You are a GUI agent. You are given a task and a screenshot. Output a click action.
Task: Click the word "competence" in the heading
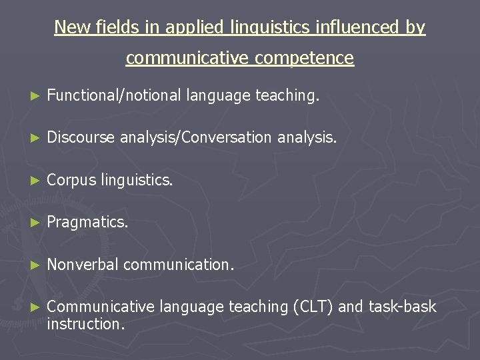[x=301, y=58]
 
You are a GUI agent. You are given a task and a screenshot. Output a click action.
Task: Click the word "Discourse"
[x=81, y=138]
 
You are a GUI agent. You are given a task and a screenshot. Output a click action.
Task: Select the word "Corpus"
[x=71, y=180]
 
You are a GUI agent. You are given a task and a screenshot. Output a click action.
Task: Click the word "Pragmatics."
[x=87, y=223]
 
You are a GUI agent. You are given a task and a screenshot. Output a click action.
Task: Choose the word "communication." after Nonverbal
[x=179, y=265]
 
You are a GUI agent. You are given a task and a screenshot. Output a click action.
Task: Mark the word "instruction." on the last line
[x=86, y=324]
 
